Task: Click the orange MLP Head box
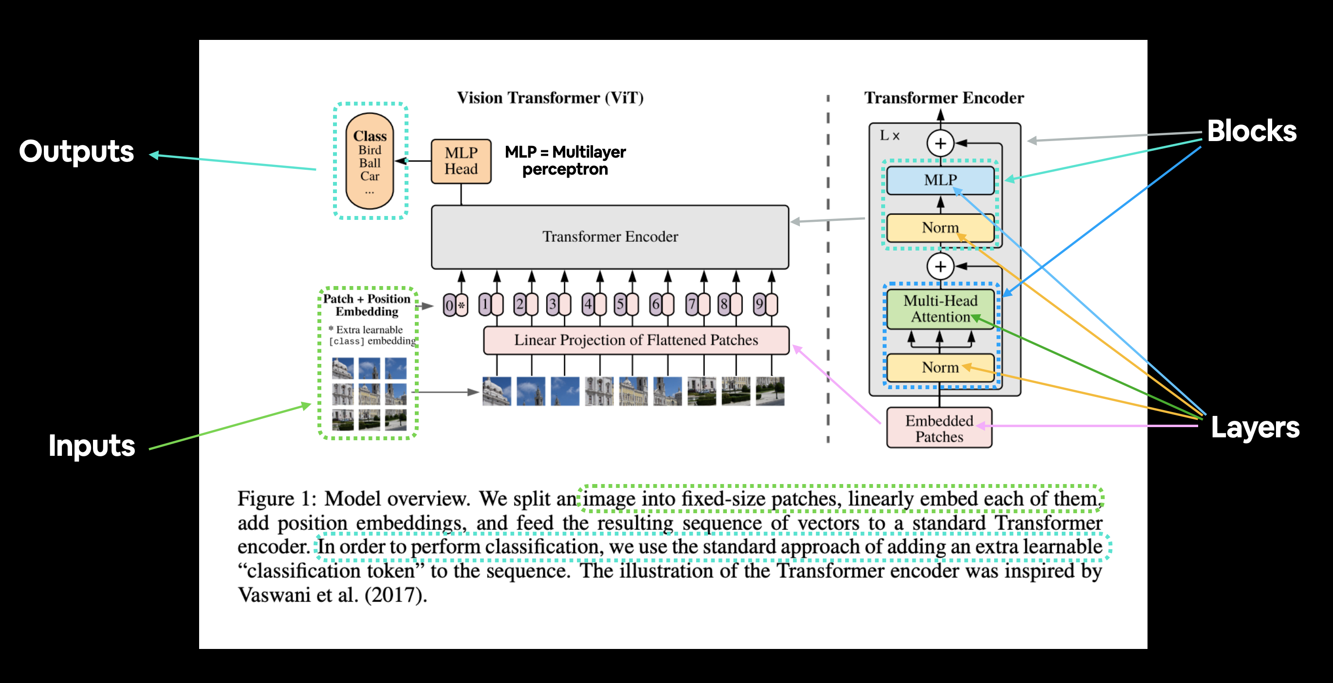tap(461, 161)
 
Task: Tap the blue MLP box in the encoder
tap(940, 180)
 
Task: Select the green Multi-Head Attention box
tap(940, 309)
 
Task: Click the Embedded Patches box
tap(939, 428)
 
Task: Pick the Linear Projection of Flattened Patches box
tap(635, 340)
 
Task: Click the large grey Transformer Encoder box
tap(610, 236)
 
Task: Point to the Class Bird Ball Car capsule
tap(370, 161)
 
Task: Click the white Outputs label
tap(76, 151)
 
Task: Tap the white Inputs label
tap(92, 446)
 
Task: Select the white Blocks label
tap(1251, 131)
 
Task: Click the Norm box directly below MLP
tap(940, 228)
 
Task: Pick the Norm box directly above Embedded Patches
tap(940, 367)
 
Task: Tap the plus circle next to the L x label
tap(940, 143)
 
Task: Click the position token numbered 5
tap(626, 304)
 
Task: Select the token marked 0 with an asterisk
tap(455, 305)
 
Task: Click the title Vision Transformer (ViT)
tap(550, 98)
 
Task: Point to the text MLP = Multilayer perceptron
tap(565, 160)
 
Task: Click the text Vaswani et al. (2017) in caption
tap(332, 594)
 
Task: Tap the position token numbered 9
tap(765, 304)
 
